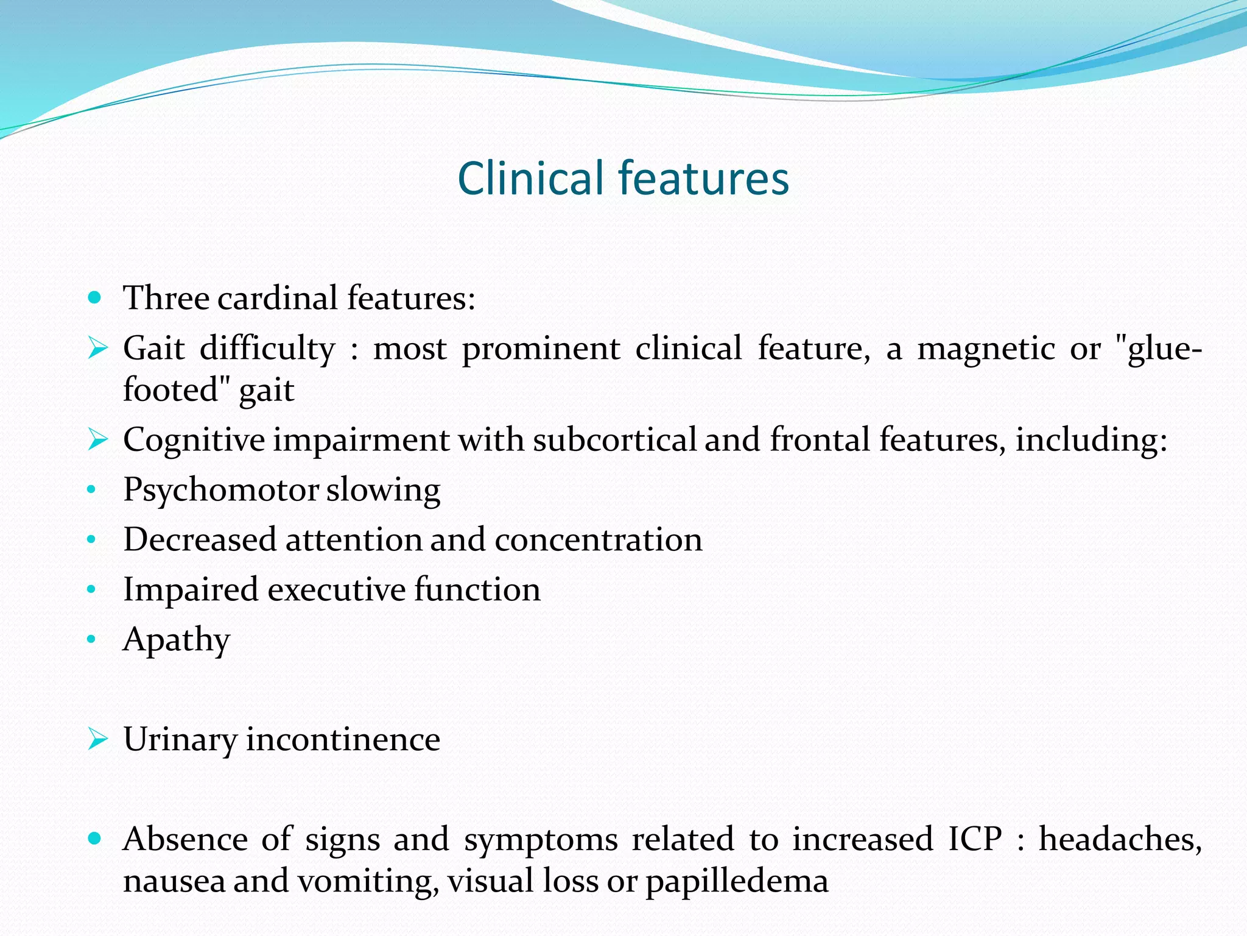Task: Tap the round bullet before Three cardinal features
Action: [x=94, y=298]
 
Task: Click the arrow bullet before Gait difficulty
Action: [x=97, y=349]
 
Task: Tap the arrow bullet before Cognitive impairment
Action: [x=97, y=439]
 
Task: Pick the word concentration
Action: [x=598, y=540]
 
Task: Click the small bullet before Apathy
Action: [x=92, y=639]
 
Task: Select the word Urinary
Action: [x=180, y=740]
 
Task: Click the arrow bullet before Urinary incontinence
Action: [x=97, y=739]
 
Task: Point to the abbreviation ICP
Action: [x=975, y=839]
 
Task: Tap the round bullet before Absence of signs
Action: [x=94, y=838]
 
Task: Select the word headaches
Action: [x=1120, y=839]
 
